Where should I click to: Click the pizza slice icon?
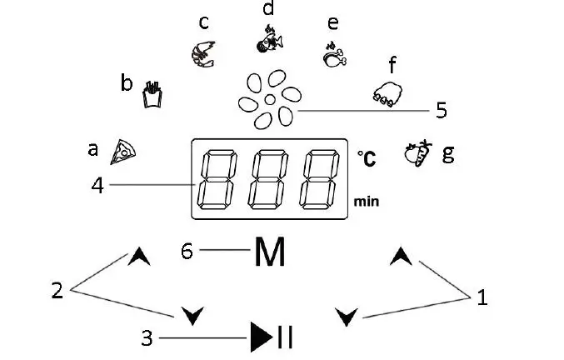point(123,151)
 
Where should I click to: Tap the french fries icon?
point(151,93)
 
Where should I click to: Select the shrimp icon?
point(202,52)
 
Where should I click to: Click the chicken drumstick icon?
point(333,55)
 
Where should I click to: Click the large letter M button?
point(269,252)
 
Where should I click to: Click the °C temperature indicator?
point(366,156)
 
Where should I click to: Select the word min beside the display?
point(366,201)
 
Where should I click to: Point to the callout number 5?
point(442,109)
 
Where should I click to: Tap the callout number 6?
point(188,248)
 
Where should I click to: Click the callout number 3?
point(147,337)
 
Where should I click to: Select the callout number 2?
point(57,290)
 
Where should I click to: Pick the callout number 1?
point(481,295)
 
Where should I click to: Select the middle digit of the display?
point(269,178)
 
